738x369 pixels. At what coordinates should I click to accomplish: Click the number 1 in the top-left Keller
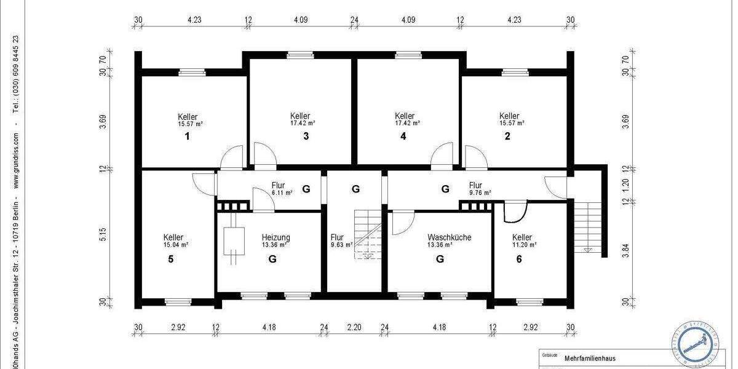click(x=187, y=137)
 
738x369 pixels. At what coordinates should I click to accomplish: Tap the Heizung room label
click(x=276, y=237)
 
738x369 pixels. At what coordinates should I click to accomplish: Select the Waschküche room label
click(x=449, y=237)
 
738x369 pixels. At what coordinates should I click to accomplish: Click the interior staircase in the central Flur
click(x=367, y=234)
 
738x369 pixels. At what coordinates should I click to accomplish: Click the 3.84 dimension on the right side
click(x=625, y=252)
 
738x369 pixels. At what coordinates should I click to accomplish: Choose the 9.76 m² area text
click(x=480, y=192)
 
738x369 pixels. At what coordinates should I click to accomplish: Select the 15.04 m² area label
click(x=175, y=245)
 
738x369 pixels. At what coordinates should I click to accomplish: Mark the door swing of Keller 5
click(x=203, y=183)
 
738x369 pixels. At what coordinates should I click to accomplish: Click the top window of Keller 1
click(x=191, y=73)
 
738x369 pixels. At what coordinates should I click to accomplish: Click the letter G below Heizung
click(x=272, y=259)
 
